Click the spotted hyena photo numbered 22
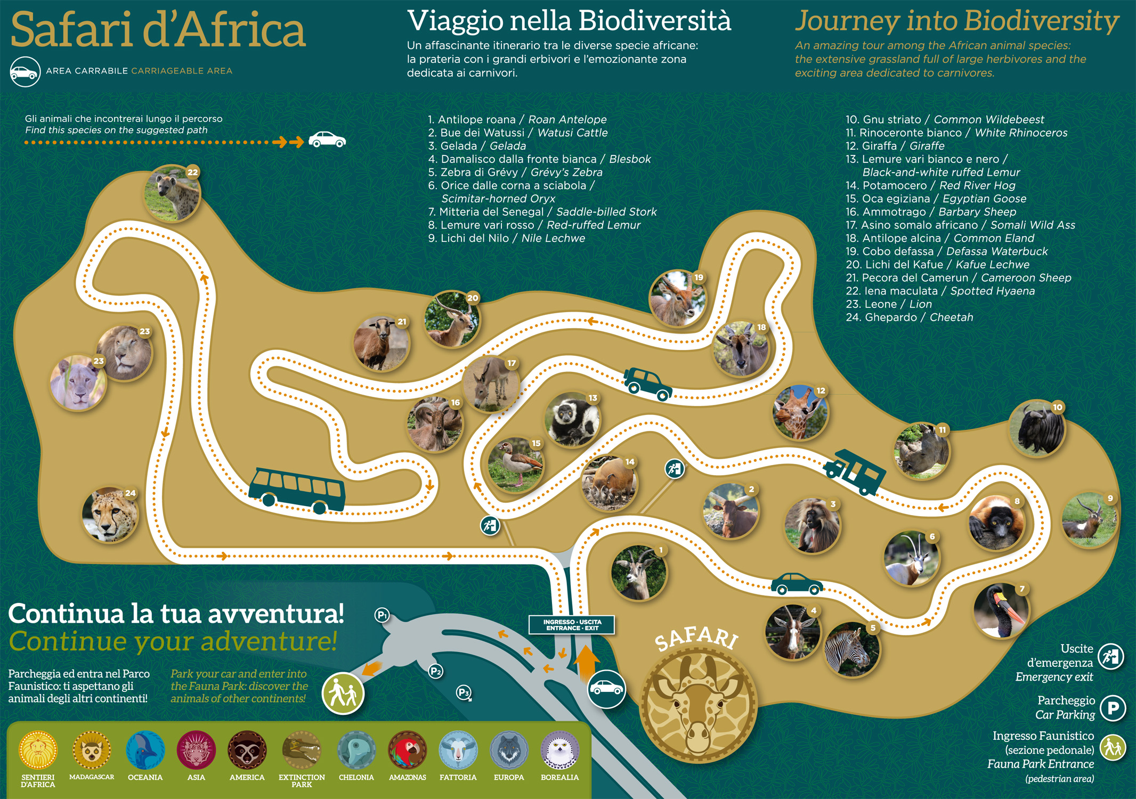point(172,193)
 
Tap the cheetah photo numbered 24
point(110,515)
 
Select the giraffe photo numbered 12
point(800,413)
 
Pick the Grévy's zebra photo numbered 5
point(851,649)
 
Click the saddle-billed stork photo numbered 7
point(1001,610)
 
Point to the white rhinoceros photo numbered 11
point(922,451)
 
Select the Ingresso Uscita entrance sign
point(572,625)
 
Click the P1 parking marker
point(382,615)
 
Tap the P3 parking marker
point(464,692)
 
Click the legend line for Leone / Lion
point(889,304)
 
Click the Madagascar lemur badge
point(92,750)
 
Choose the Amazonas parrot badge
point(408,750)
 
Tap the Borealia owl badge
point(559,750)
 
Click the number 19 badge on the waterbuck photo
point(699,278)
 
